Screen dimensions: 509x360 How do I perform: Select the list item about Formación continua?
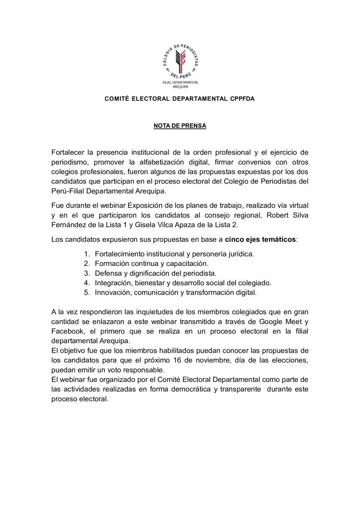(x=152, y=263)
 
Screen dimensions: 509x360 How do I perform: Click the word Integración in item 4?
(x=114, y=282)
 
